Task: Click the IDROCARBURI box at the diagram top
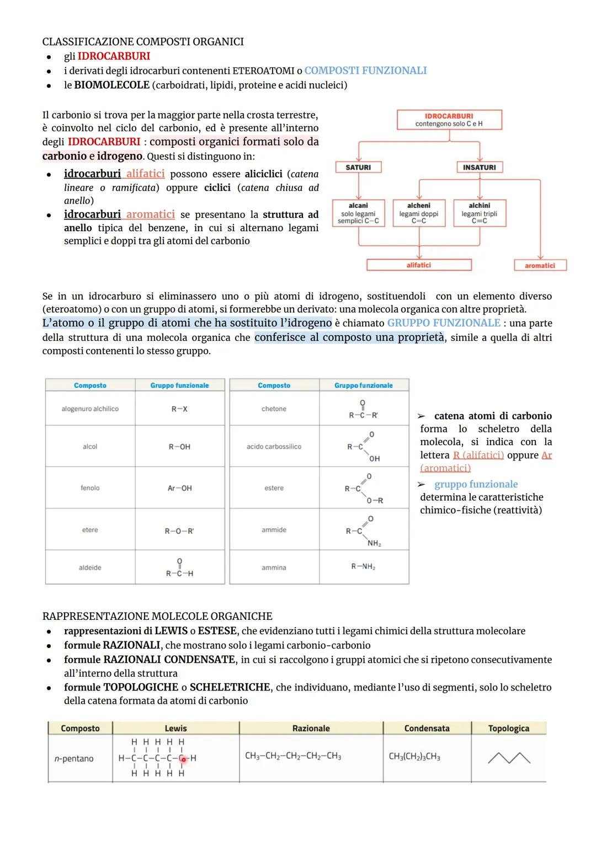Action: click(449, 120)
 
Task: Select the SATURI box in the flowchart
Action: click(358, 167)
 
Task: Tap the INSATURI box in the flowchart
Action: click(479, 167)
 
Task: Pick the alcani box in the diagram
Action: click(358, 213)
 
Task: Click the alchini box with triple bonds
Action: click(479, 213)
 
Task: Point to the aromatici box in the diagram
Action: click(540, 265)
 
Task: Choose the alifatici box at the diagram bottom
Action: click(419, 265)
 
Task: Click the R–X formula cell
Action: click(179, 409)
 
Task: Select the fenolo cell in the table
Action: click(90, 488)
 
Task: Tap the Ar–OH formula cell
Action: click(179, 488)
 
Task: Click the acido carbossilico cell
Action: click(274, 447)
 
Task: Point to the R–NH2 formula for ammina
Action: click(363, 567)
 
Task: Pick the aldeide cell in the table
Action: click(90, 567)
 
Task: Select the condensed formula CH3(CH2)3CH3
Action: click(414, 757)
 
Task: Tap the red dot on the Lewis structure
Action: click(183, 759)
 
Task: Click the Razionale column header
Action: click(311, 728)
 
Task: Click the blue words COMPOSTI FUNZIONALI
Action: click(365, 71)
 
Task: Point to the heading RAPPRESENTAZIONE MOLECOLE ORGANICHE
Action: click(157, 616)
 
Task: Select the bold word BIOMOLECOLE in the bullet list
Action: click(112, 85)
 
